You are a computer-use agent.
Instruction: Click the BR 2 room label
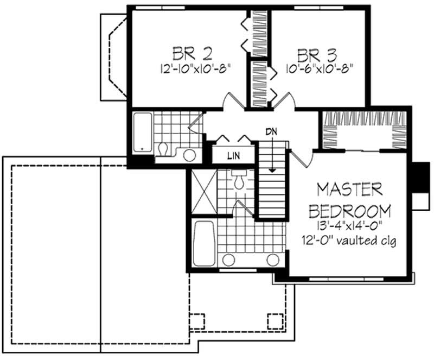[x=193, y=54]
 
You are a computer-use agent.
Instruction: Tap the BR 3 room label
[x=317, y=55]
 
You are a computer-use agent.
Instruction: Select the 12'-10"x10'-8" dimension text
[x=195, y=68]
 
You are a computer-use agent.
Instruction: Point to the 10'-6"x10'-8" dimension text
[x=320, y=68]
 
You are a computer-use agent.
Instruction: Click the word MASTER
[x=350, y=190]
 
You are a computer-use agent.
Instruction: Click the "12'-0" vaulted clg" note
[x=349, y=240]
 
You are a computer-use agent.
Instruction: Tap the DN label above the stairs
[x=271, y=131]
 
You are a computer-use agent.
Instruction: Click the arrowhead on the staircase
[x=273, y=170]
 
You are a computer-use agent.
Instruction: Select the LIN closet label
[x=234, y=156]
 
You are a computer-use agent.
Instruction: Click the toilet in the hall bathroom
[x=163, y=149]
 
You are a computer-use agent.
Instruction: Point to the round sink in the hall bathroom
[x=189, y=155]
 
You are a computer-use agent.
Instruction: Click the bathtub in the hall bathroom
[x=143, y=132]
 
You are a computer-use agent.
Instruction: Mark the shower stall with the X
[x=204, y=192]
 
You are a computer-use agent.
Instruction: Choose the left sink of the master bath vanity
[x=228, y=260]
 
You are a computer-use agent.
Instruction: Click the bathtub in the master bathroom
[x=205, y=243]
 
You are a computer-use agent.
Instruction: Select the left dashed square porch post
[x=197, y=321]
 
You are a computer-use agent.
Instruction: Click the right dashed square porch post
[x=275, y=321]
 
